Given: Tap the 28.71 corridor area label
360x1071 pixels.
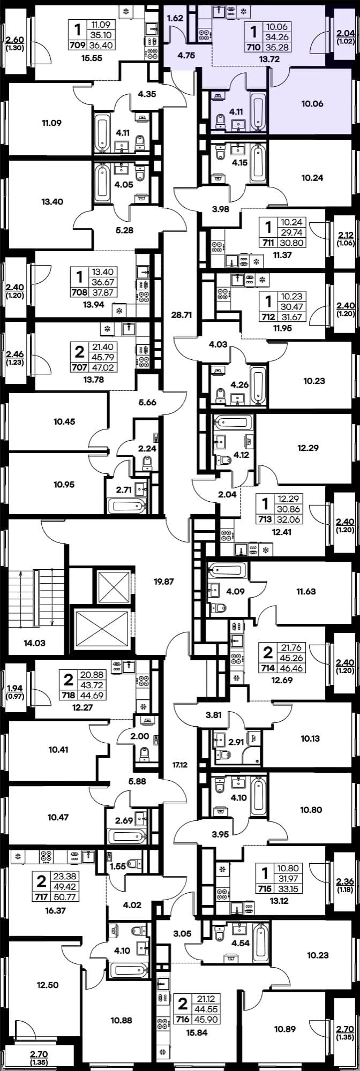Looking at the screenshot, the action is click(x=181, y=315).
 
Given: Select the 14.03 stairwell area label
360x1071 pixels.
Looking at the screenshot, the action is click(x=34, y=643).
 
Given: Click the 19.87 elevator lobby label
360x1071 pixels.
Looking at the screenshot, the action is click(x=163, y=581).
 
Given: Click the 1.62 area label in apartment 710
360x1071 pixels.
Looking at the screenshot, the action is click(x=176, y=18).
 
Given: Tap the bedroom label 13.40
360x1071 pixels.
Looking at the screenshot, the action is click(x=52, y=202).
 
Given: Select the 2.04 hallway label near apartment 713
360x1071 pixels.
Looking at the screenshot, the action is click(x=227, y=495).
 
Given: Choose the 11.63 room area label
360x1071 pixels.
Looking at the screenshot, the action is click(x=306, y=592).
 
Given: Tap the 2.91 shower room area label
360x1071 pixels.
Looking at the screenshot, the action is click(x=237, y=742).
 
